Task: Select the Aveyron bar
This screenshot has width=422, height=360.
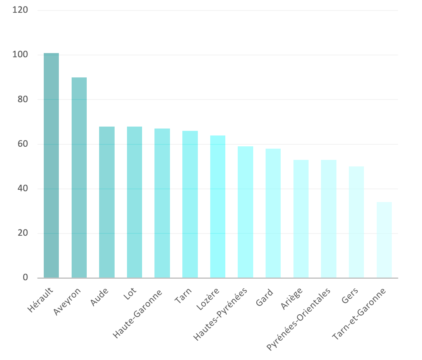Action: coord(79,178)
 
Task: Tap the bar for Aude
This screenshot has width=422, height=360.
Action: coord(107,202)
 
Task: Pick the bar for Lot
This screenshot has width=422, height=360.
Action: coord(134,202)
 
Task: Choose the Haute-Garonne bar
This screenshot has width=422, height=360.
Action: coord(162,204)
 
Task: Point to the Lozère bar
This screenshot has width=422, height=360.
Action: coord(218,207)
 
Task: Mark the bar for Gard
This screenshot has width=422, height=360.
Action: coord(273,213)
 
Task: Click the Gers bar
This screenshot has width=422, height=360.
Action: coord(356,222)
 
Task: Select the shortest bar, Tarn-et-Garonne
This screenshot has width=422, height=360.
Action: coord(384,240)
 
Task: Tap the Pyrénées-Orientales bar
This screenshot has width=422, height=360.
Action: coord(329,219)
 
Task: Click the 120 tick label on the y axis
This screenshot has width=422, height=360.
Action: coord(20,10)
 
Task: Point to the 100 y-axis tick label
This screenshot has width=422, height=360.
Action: coord(20,55)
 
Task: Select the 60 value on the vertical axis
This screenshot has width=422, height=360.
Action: coord(22,144)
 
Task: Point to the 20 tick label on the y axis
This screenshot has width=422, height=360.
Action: coord(22,233)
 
